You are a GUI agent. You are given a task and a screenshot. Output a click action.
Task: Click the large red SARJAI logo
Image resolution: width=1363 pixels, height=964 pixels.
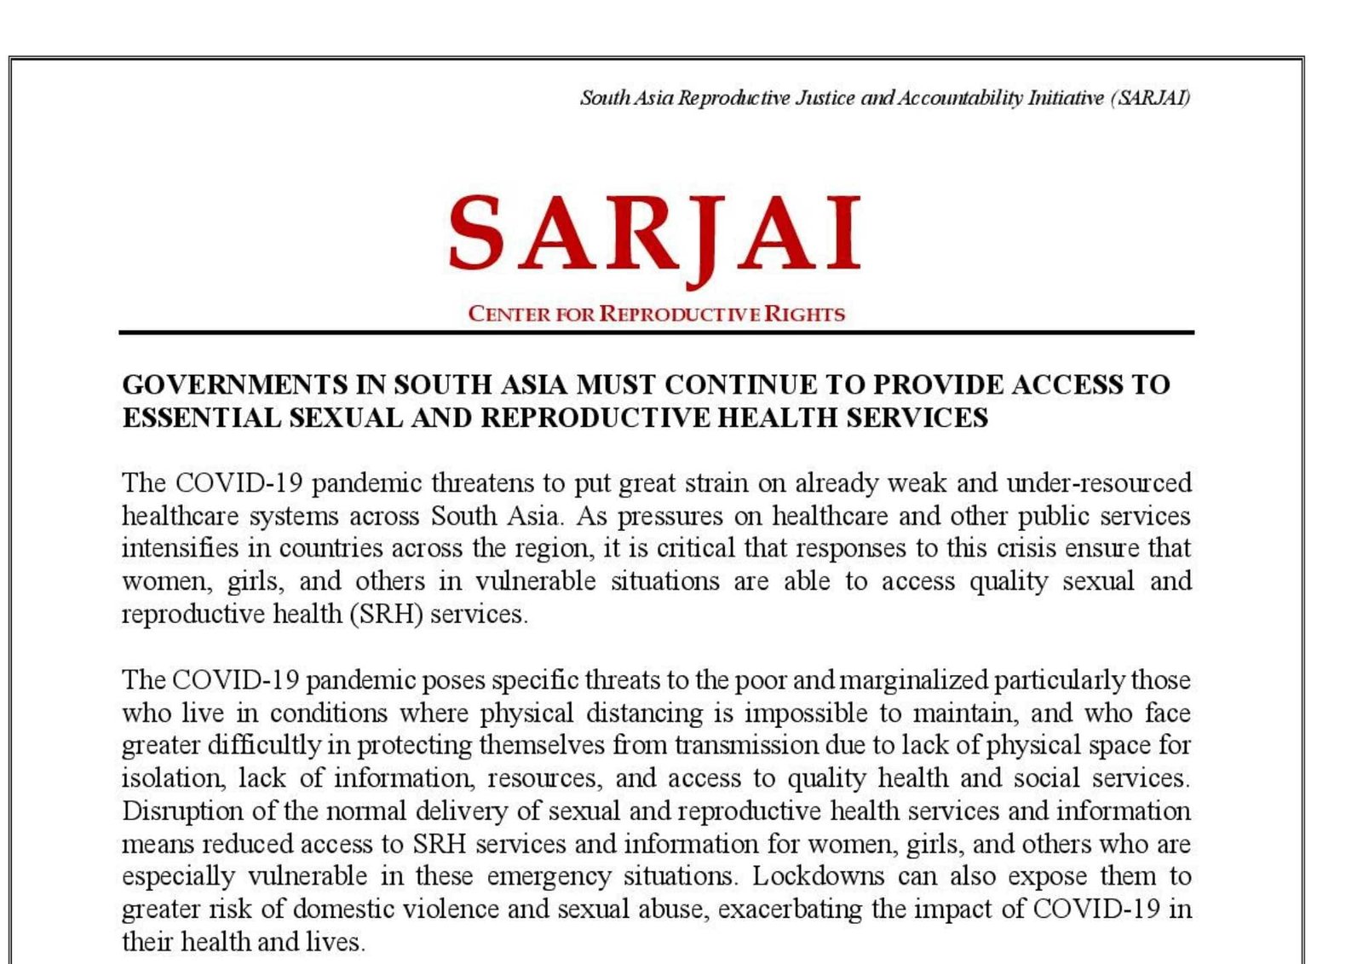[x=654, y=234]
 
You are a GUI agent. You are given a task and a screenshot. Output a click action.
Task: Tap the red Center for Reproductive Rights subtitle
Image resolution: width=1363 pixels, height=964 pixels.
[x=656, y=314]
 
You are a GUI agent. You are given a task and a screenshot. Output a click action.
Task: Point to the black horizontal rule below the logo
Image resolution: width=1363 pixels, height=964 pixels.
[x=656, y=332]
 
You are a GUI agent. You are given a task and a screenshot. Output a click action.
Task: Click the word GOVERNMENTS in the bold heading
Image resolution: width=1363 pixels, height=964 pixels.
[x=235, y=385]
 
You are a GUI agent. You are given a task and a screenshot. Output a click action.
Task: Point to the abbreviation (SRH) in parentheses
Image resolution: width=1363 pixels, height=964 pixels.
[x=386, y=614]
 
